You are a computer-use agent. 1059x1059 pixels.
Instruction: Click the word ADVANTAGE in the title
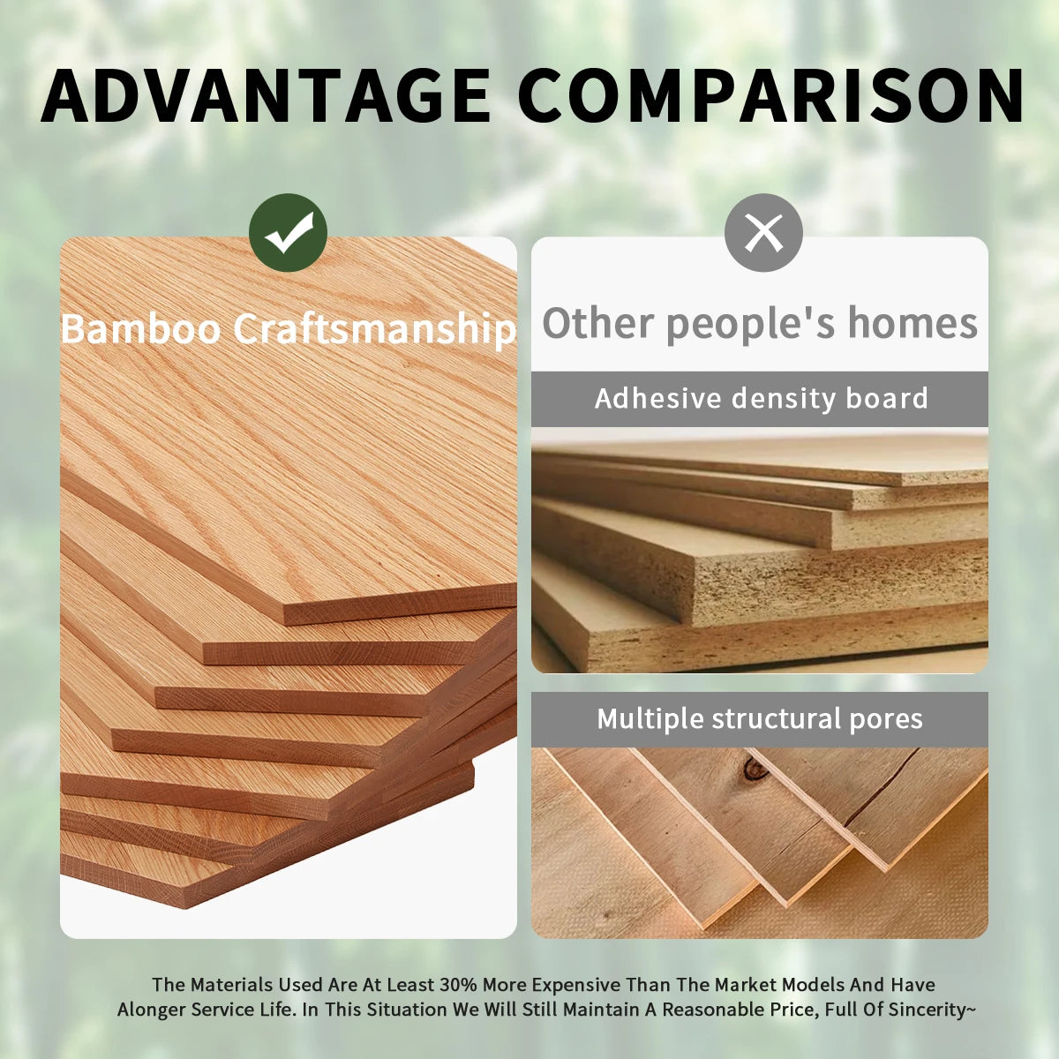[x=266, y=95]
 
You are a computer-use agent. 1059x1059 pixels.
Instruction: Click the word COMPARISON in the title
[x=771, y=95]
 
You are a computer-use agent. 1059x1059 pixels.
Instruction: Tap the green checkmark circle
[x=288, y=232]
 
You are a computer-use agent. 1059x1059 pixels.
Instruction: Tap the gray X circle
[x=764, y=232]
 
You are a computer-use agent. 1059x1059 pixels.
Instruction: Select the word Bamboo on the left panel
[x=140, y=328]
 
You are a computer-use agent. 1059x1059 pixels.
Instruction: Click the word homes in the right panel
[x=913, y=323]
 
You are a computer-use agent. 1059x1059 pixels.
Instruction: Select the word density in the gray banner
[x=784, y=399]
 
